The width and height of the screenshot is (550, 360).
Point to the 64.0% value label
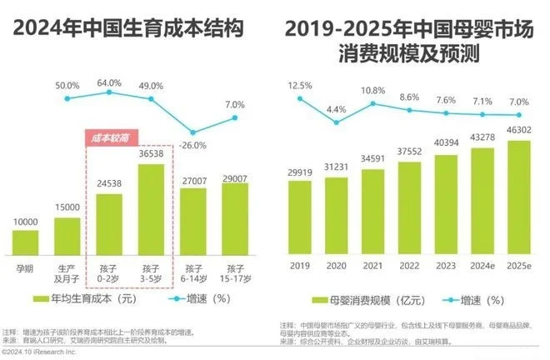[109, 82]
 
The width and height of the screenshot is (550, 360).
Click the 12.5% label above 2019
[300, 86]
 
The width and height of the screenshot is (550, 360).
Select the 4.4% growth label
[336, 109]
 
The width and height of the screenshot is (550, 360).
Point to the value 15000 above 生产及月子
[67, 207]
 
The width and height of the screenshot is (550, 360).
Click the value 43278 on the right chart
[457, 136]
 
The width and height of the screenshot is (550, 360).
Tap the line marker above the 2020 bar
[337, 123]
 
